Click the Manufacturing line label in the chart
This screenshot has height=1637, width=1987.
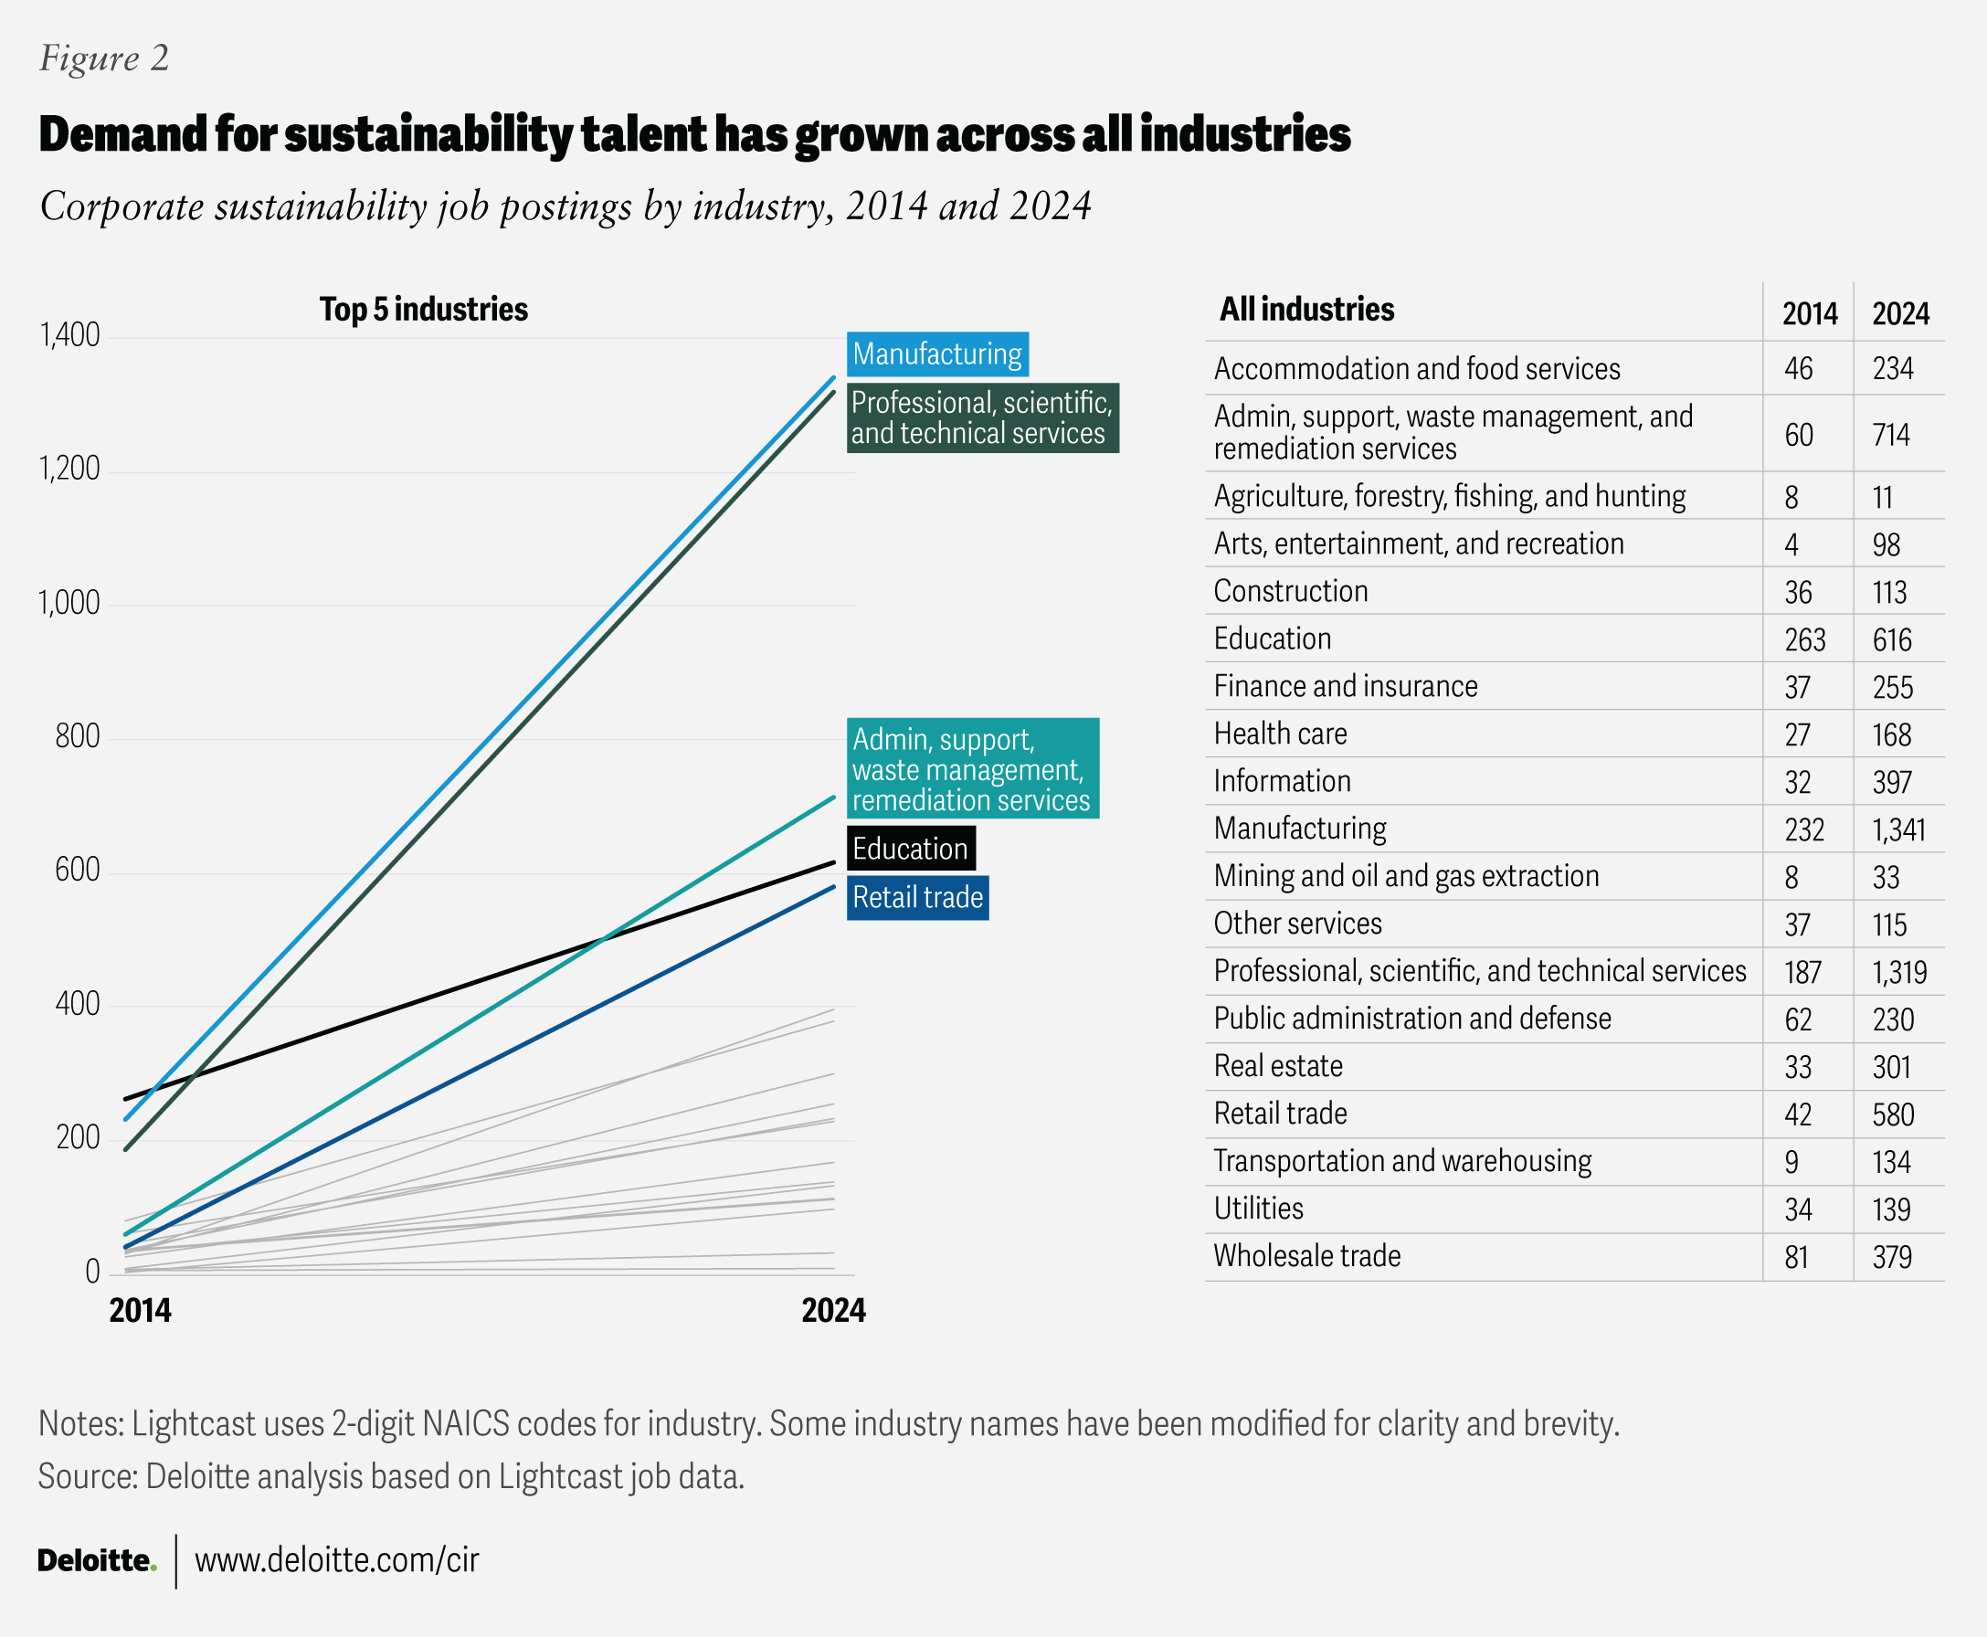coord(936,354)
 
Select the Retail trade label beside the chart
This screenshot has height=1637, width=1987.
coord(916,898)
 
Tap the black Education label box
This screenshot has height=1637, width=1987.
coord(910,849)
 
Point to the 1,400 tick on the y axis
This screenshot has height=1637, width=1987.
coord(69,335)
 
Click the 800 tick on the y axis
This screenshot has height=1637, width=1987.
coord(78,736)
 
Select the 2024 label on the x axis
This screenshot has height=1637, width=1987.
coord(832,1311)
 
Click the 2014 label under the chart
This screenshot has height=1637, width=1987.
coord(141,1311)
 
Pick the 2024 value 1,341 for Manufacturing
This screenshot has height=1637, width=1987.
coord(1898,829)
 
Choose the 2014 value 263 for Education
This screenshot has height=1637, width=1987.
coord(1804,640)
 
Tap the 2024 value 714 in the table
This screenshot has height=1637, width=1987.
coord(1891,435)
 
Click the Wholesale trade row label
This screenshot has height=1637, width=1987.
coord(1306,1256)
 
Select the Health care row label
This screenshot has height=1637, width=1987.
coord(1280,734)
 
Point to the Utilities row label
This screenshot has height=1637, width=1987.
coord(1258,1209)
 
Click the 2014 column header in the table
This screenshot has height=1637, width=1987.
coord(1809,313)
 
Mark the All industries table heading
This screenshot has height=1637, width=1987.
coord(1306,310)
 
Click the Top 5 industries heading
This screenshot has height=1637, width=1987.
coord(423,310)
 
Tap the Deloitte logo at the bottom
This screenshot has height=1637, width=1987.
coord(96,1560)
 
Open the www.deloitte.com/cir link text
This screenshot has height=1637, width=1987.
coord(337,1560)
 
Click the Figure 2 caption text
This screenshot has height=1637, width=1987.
coord(104,58)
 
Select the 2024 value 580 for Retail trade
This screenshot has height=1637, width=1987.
coord(1893,1114)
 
